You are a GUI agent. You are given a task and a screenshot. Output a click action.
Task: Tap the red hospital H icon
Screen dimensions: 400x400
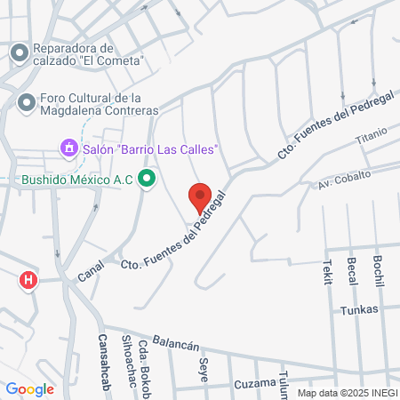coord(29,280)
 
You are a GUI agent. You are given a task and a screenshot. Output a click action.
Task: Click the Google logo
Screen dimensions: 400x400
coord(29,388)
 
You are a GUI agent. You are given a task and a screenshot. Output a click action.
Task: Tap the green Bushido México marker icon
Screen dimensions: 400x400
coord(148,180)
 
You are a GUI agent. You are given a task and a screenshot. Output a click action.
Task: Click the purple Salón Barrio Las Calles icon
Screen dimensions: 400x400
coord(68,148)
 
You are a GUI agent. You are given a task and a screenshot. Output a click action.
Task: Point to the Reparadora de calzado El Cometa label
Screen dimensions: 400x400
coord(87,54)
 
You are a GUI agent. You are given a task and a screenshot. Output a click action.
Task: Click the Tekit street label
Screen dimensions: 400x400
coord(327,272)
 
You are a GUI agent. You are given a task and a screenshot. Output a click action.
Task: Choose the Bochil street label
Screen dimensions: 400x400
coord(379,268)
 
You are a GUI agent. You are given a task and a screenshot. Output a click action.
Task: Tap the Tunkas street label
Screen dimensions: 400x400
coord(359,309)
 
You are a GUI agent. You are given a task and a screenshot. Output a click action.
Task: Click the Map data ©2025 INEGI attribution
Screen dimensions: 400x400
coord(347,392)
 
